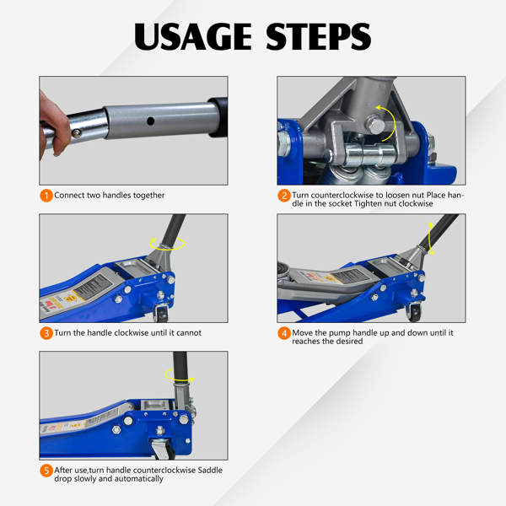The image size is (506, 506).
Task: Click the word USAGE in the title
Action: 193,36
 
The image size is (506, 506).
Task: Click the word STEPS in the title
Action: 318,36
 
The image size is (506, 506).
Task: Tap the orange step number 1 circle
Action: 46,196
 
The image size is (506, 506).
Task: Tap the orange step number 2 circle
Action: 284,196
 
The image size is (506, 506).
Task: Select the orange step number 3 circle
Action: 46,333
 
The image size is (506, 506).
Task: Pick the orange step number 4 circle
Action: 284,333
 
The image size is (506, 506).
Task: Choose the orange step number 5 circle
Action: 46,471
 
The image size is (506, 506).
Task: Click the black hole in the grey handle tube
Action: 150,121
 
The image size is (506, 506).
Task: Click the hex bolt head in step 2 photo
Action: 375,125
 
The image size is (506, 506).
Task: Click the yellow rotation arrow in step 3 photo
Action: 167,244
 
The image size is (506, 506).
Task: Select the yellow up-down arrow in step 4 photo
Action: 430,239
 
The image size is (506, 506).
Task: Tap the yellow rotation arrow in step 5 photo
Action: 180,375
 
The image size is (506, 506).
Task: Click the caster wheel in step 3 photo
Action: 162,314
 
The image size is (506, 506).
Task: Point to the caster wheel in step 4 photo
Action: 414,312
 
